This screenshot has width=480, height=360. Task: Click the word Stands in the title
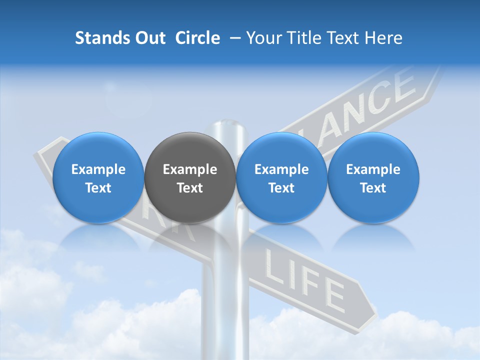click(x=102, y=38)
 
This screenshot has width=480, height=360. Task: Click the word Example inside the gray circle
click(x=190, y=169)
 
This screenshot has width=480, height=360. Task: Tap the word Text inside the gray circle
click(x=190, y=188)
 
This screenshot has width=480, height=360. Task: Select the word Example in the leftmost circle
click(x=98, y=169)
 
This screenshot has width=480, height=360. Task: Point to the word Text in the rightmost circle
click(x=373, y=188)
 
